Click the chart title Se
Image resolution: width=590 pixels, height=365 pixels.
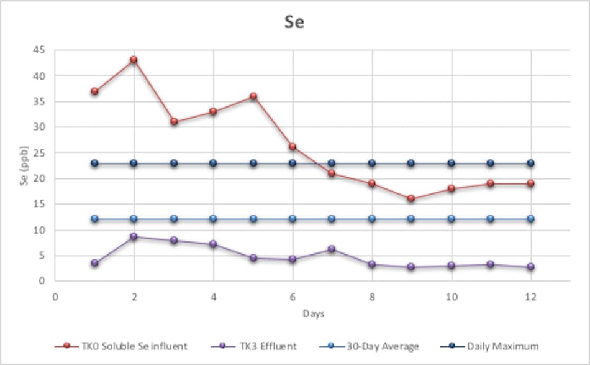(294, 22)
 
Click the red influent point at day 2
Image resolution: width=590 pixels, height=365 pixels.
(134, 60)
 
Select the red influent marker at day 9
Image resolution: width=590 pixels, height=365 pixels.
(411, 199)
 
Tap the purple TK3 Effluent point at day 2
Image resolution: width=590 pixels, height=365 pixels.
(134, 236)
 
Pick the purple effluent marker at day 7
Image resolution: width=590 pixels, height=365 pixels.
(332, 249)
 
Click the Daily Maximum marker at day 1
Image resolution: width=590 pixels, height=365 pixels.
(94, 163)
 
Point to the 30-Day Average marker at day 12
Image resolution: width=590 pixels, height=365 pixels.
(530, 219)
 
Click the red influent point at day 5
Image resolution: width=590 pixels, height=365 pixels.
(253, 96)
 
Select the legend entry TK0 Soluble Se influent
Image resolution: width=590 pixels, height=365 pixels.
(130, 346)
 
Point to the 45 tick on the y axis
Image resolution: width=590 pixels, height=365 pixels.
(41, 50)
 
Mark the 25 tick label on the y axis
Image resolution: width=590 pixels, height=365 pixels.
(41, 153)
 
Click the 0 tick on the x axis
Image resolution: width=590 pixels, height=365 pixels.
(55, 296)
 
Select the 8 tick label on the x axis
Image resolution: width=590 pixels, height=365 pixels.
(372, 296)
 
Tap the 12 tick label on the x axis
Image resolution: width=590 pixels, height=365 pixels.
(530, 296)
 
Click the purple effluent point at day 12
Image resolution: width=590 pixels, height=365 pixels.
(530, 267)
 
